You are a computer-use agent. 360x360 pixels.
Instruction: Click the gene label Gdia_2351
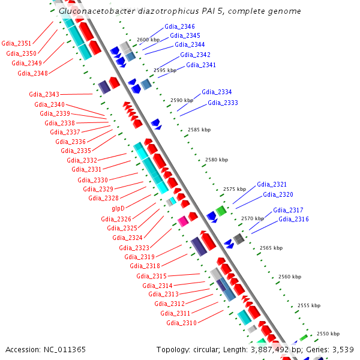pyautogui.click(x=16, y=43)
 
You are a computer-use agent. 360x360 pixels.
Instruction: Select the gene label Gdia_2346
pyautogui.click(x=179, y=27)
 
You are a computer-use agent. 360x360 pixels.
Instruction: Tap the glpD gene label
pyautogui.click(x=118, y=208)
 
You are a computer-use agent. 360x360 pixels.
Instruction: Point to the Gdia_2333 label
pyautogui.click(x=223, y=103)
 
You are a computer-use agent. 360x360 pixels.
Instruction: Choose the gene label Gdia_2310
pyautogui.click(x=181, y=323)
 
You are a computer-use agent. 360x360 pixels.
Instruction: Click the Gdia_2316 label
pyautogui.click(x=293, y=220)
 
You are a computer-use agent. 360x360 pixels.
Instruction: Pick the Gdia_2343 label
pyautogui.click(x=44, y=94)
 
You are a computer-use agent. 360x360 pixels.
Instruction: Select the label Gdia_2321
pyautogui.click(x=272, y=184)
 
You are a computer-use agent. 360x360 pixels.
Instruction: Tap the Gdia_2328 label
pyautogui.click(x=103, y=198)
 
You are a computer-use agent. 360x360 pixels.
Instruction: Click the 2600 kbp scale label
pyautogui.click(x=149, y=40)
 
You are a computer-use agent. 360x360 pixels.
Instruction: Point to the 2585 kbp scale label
pyautogui.click(x=199, y=130)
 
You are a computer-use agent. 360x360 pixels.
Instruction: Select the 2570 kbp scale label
pyautogui.click(x=253, y=219)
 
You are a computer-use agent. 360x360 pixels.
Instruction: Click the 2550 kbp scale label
pyautogui.click(x=328, y=334)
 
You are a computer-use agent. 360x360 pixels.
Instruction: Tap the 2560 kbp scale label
pyautogui.click(x=290, y=277)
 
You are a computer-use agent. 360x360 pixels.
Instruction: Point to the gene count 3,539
pyautogui.click(x=341, y=349)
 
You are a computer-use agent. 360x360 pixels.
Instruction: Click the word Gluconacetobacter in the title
pyautogui.click(x=96, y=11)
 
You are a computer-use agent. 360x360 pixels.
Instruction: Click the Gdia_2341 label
pyautogui.click(x=201, y=65)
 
